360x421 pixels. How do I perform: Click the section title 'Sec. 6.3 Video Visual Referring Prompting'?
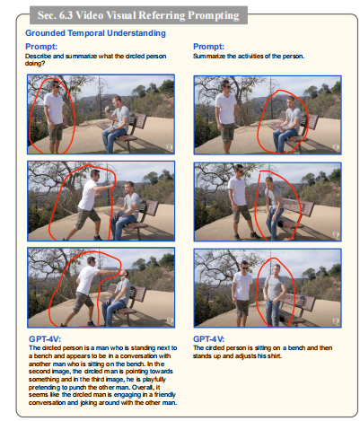[138, 15]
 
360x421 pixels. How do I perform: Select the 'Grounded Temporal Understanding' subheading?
[95, 33]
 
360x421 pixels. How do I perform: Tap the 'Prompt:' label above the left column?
[41, 47]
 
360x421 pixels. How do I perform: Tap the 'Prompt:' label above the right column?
[208, 47]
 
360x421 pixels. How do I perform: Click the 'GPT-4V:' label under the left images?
[45, 339]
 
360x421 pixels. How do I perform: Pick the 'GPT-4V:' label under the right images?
[208, 339]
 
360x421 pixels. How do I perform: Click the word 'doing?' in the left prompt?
[35, 64]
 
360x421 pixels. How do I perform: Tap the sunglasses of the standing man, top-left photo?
[56, 86]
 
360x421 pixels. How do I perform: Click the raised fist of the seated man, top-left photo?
[107, 108]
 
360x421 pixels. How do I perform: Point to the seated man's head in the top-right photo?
[291, 101]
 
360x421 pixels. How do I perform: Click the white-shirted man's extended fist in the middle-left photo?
[112, 186]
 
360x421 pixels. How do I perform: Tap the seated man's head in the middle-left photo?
[129, 188]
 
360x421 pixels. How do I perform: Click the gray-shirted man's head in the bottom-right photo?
[277, 269]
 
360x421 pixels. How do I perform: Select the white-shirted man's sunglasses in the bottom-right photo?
[245, 268]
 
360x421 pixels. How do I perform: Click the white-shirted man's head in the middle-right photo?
[239, 171]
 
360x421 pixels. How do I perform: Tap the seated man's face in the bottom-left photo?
[124, 275]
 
